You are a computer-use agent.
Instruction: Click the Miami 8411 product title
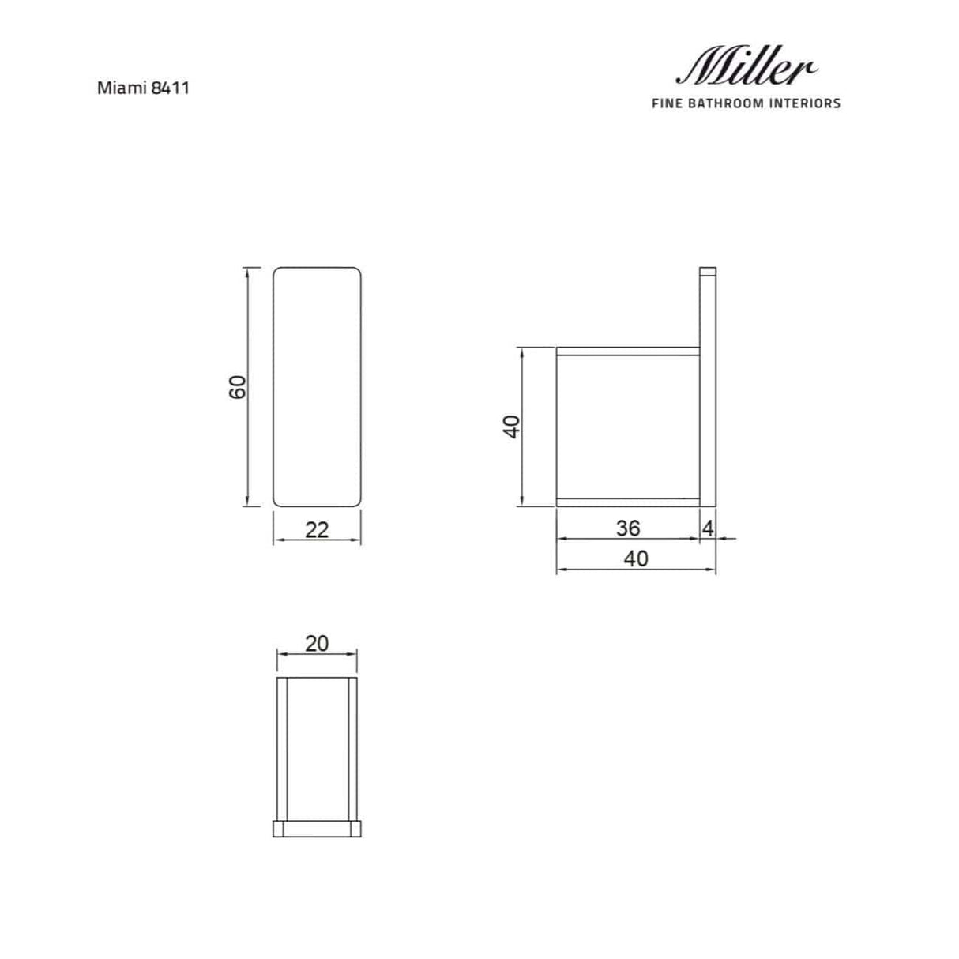coord(143,88)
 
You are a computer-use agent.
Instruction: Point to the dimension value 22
coord(317,529)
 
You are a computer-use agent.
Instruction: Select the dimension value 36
coord(628,527)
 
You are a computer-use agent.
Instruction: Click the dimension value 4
coord(708,528)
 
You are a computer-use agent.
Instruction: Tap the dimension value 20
coord(317,643)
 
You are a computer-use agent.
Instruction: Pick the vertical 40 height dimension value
coord(511,426)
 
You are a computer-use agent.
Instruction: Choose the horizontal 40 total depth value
coord(636,558)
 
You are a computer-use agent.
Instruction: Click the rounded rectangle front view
coord(317,386)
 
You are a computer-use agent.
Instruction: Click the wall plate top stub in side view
coord(708,273)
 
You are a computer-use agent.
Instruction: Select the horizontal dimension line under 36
coord(628,540)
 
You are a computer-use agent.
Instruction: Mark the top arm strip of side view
coord(628,352)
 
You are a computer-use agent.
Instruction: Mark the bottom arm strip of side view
coord(628,501)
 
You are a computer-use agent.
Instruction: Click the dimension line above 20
coord(317,653)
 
